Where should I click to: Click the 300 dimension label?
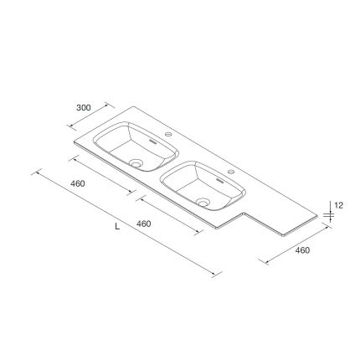tap(84, 107)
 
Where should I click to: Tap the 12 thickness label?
tap(338, 206)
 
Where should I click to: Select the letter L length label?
tap(118, 226)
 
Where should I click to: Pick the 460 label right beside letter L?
tap(143, 224)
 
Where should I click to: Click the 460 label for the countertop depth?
tap(302, 250)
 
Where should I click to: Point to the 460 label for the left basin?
tap(78, 183)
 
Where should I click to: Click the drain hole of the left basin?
tap(136, 162)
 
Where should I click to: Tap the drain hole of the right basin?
tap(203, 202)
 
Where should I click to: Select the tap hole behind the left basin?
tap(168, 134)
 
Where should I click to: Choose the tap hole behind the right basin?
tap(231, 172)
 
